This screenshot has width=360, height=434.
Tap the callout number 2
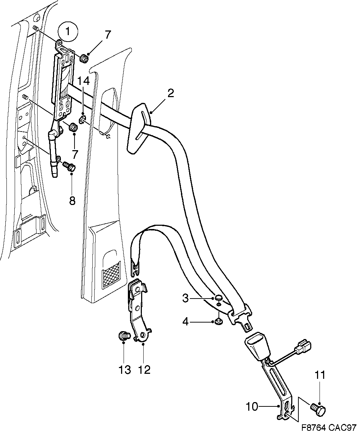(171, 94)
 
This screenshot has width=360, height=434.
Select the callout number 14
(83, 81)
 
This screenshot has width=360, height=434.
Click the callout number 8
(72, 200)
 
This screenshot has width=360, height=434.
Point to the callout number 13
(125, 369)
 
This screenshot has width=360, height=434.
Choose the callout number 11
(320, 375)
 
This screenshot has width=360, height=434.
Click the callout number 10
(252, 407)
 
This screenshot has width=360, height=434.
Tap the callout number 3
(185, 298)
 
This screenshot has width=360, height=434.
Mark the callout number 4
(185, 322)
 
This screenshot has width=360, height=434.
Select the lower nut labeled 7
(73, 127)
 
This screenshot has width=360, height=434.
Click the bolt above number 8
(69, 166)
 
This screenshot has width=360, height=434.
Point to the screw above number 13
(124, 336)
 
